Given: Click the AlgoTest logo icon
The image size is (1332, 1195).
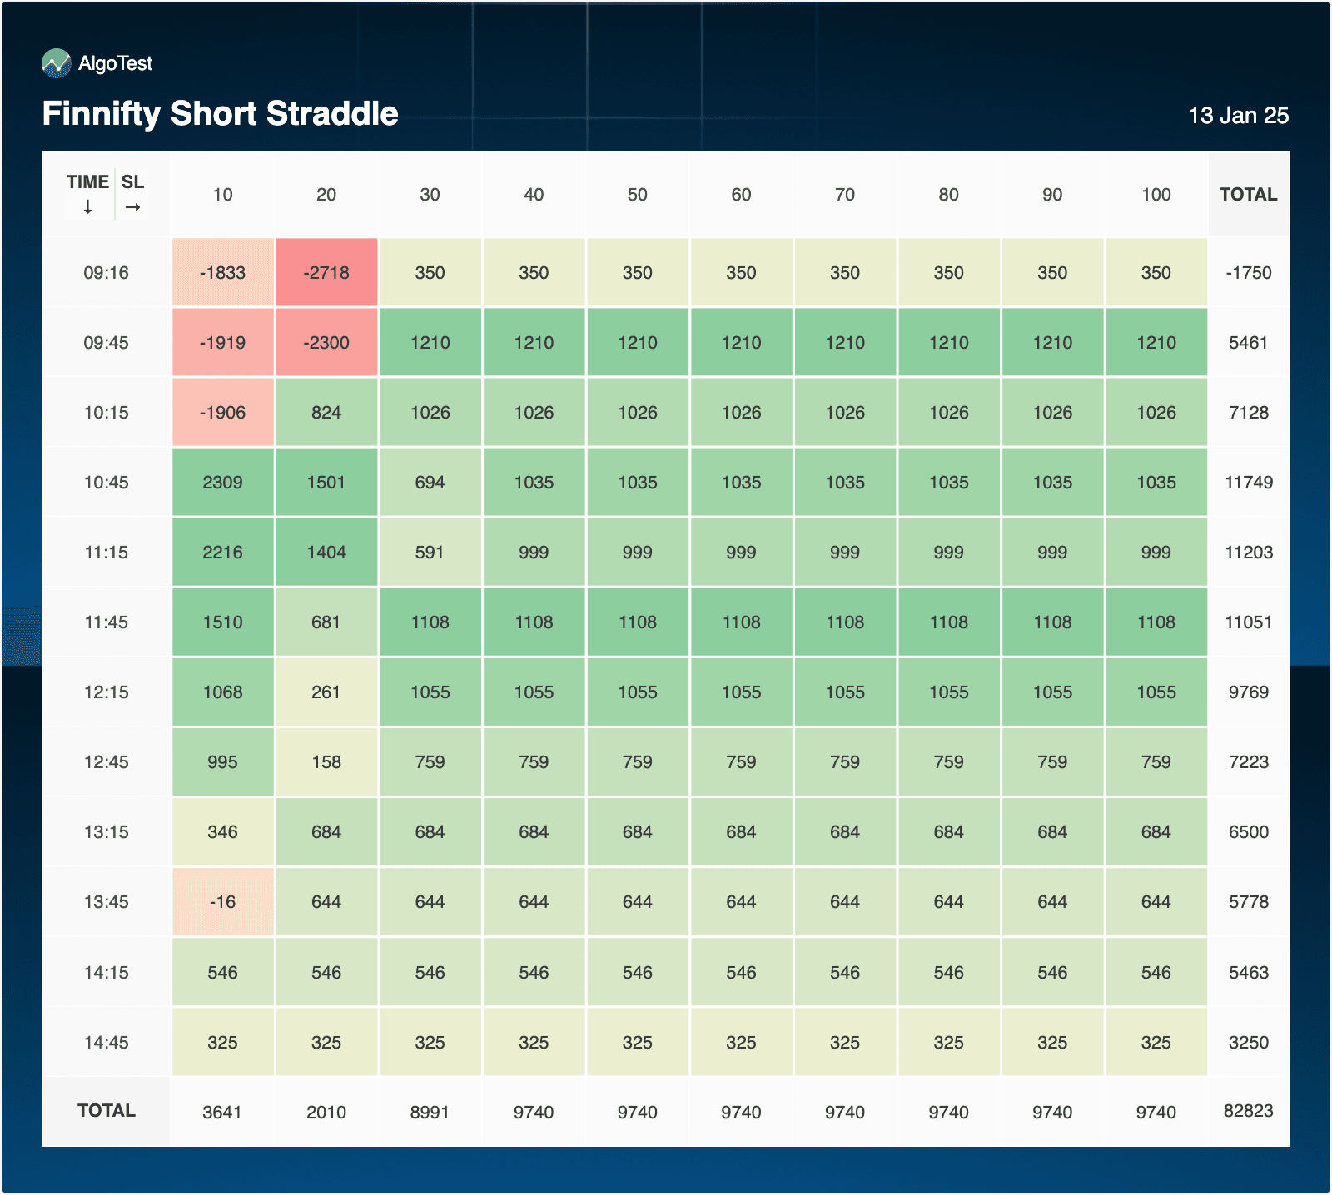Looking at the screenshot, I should click(x=57, y=63).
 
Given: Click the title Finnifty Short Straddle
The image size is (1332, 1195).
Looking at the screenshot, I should click(x=220, y=114).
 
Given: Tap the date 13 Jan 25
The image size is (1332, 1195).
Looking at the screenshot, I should click(x=1238, y=116).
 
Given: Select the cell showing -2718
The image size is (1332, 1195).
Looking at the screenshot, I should click(x=326, y=273).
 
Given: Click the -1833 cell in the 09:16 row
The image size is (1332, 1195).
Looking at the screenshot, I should click(x=222, y=273).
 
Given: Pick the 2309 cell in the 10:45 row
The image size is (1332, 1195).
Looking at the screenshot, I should click(x=222, y=483).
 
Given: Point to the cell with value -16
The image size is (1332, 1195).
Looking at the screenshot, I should click(x=222, y=902).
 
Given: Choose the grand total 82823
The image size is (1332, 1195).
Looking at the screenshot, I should click(x=1248, y=1111).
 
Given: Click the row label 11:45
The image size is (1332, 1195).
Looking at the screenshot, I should click(x=106, y=622).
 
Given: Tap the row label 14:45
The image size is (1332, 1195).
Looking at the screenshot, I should click(x=106, y=1043).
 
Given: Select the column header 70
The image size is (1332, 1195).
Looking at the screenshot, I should click(x=844, y=195).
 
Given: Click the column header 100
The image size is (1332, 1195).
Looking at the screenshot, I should click(x=1156, y=195).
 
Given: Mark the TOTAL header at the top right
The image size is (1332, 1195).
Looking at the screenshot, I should click(x=1248, y=195).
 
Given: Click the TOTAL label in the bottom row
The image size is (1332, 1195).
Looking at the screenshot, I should click(x=106, y=1111).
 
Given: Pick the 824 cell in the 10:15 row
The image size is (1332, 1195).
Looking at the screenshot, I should click(x=326, y=413).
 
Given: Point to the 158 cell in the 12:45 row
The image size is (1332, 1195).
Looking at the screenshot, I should click(x=326, y=762).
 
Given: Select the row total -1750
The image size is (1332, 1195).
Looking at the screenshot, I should click(x=1248, y=273).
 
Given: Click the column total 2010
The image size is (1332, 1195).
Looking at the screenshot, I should click(x=326, y=1113).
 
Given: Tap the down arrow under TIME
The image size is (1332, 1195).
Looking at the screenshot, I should click(x=87, y=208).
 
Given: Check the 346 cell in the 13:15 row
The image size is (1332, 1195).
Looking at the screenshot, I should click(x=222, y=832).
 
